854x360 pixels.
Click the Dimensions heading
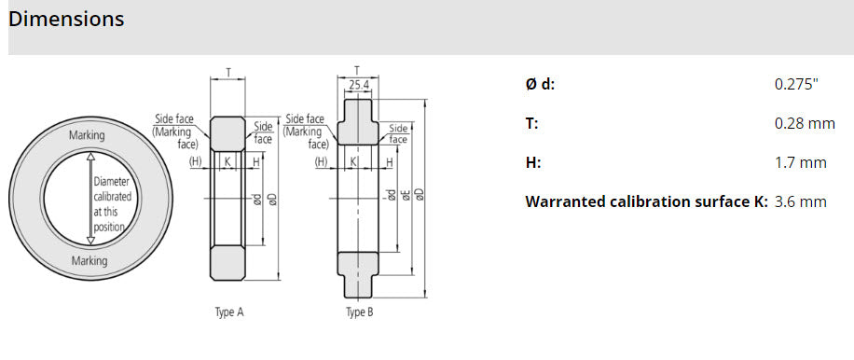click(66, 19)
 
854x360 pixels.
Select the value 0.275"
click(796, 85)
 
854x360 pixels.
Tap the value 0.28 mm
click(805, 124)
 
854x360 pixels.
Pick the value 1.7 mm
click(801, 163)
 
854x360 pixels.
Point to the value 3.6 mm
click(801, 202)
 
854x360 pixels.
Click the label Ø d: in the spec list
click(541, 85)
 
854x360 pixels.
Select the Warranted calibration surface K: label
click(646, 202)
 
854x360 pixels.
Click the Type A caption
click(229, 312)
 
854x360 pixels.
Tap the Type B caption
click(360, 312)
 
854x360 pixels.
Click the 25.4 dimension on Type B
click(359, 85)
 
